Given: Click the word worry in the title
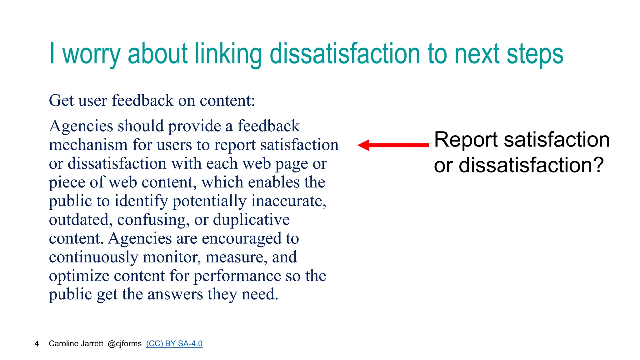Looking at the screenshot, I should pos(91,55).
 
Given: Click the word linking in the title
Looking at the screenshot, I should pos(228,55).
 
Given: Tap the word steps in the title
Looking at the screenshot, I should pos(535,55).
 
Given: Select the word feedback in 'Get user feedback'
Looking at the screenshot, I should pos(142,101).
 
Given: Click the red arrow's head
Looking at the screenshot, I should pos(364,145).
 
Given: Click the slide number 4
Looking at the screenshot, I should pos(37,344).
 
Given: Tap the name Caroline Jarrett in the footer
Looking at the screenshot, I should pos(76,344).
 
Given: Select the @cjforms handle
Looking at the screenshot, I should pos(124,344).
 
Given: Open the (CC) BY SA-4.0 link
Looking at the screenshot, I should pos(174,344).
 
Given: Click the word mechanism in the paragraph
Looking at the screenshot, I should pos(88,145).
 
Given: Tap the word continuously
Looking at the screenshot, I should pos(93,257).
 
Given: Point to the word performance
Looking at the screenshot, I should pos(237,276).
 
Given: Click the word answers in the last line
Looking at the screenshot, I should pos(175,294).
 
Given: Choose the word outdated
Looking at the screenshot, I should pos(80,220).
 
